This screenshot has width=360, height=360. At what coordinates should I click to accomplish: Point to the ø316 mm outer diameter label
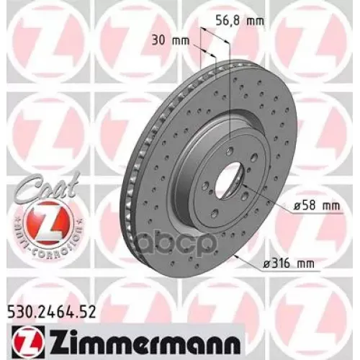coord(296,265)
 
